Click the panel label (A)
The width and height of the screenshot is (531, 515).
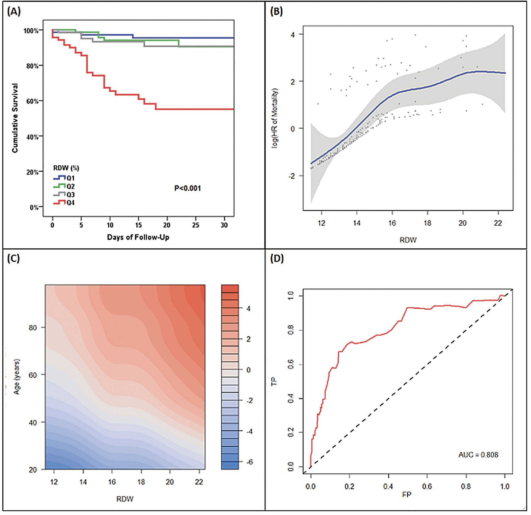14,12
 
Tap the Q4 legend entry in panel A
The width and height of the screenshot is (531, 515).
64,203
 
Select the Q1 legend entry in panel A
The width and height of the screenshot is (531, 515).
64,178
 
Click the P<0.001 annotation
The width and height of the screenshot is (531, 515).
187,188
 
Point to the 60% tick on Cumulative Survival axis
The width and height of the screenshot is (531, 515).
32,101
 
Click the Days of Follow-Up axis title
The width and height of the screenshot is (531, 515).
138,237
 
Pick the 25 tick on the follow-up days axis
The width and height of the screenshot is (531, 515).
196,225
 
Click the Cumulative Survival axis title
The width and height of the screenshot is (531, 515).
15,118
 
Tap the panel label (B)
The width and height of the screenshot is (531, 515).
276,12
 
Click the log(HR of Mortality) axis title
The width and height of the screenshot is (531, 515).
275,118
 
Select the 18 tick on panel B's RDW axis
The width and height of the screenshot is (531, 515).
427,223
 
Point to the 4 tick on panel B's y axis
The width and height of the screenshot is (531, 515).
293,35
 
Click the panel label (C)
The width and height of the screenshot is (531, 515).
13,258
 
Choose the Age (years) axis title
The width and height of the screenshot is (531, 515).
17,377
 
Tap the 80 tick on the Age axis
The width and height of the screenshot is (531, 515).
33,328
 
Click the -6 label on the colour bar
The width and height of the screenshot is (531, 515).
249,462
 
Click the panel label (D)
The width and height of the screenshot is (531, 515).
277,258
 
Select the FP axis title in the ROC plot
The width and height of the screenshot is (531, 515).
406,494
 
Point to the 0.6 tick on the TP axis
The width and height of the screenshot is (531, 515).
291,364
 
